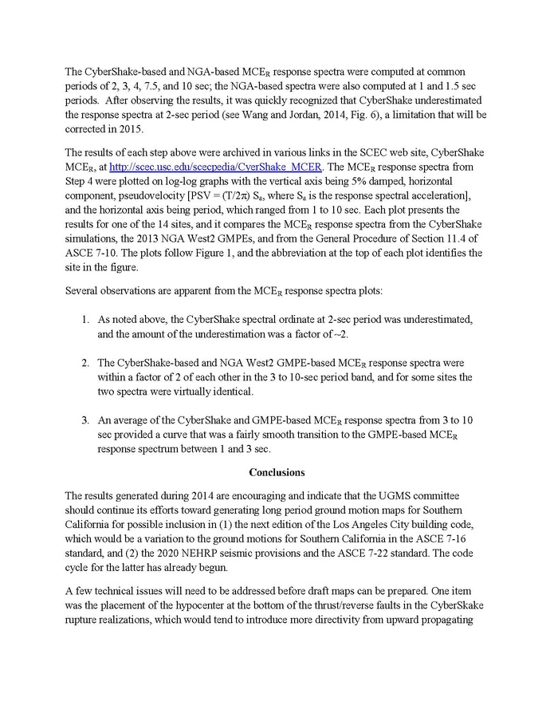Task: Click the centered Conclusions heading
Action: click(277, 472)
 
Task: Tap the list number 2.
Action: click(86, 362)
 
